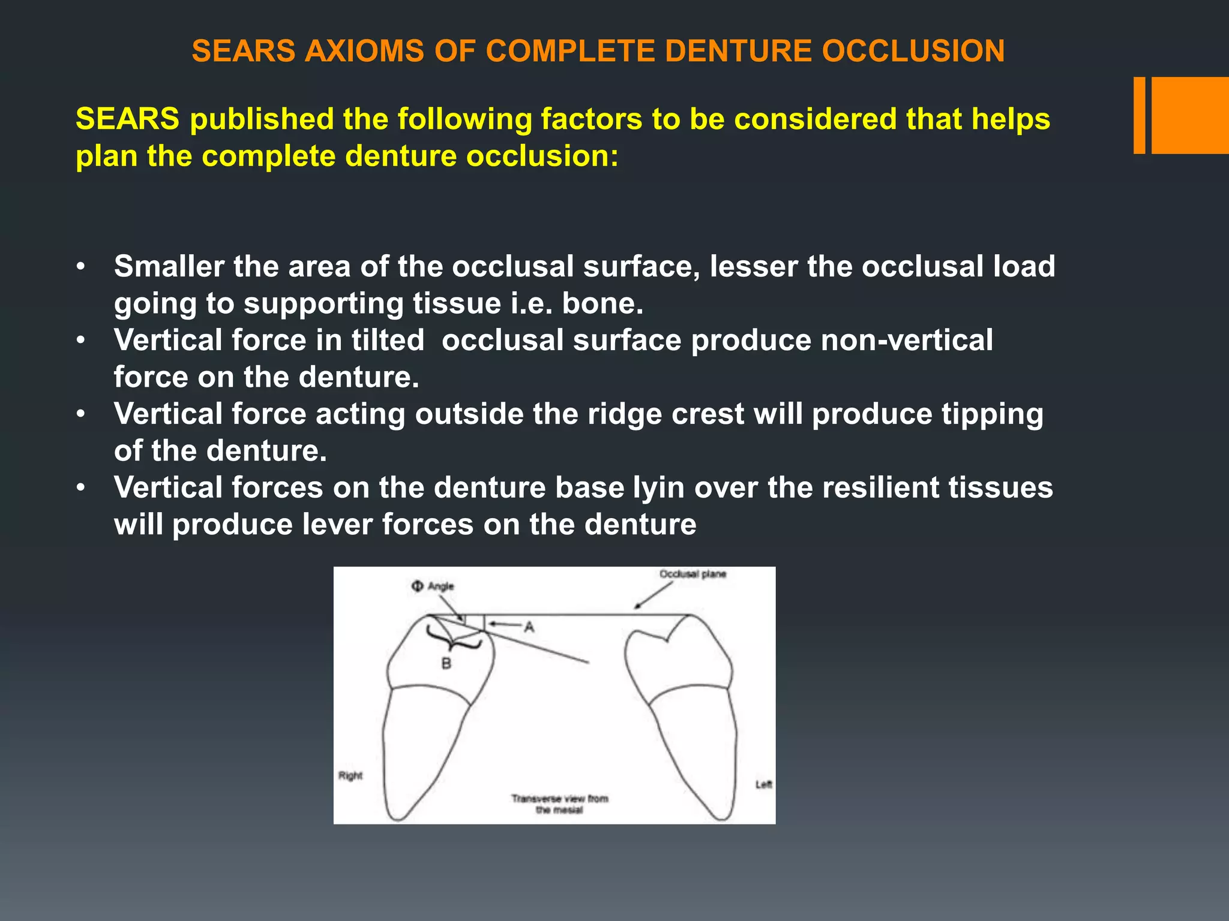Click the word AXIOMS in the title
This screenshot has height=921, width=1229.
(x=364, y=51)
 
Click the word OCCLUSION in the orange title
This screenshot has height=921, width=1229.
(x=913, y=51)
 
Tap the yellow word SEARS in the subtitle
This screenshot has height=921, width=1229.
(x=127, y=119)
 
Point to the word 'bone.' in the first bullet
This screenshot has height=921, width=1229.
(x=602, y=303)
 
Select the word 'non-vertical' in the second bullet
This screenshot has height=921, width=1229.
(x=906, y=340)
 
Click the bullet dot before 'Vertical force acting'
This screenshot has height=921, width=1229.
(x=81, y=414)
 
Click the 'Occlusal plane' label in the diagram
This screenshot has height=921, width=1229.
(x=693, y=574)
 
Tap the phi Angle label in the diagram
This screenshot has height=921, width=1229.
(x=433, y=586)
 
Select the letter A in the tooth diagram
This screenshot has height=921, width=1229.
(x=529, y=627)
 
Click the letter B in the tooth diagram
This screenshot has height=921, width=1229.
(x=446, y=663)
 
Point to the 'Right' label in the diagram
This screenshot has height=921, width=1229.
(x=350, y=776)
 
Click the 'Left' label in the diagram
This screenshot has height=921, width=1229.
(x=763, y=784)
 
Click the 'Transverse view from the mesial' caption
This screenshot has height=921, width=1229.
(x=559, y=804)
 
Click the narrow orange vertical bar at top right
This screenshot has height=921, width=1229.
(x=1139, y=115)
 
